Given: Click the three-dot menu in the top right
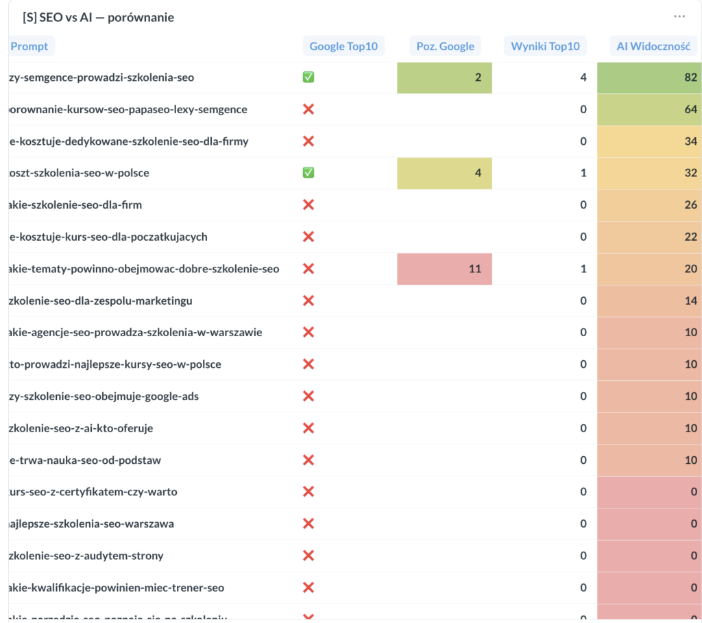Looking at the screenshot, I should pos(679,16).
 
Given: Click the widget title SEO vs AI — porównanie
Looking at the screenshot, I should pos(98,17).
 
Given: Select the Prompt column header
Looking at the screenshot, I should pos(30,46).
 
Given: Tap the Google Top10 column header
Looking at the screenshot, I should pos(343,46).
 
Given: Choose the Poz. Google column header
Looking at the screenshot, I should pos(445,46).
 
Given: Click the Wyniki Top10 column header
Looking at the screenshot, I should pos(545,46).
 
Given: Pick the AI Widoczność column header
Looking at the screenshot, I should pos(653,46).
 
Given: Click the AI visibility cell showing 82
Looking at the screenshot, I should pos(649,78).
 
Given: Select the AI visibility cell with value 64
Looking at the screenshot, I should pos(649,110).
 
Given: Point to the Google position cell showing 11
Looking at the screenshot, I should pos(445,269).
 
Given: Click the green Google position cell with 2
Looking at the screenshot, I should pos(445,78).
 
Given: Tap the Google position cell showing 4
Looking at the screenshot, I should pos(445,173).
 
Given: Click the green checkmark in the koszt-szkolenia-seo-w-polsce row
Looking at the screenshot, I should pos(308,173).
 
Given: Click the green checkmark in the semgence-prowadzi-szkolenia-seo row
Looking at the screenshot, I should pos(308,78).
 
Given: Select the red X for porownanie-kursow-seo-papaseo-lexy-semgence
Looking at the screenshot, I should pos(308,110).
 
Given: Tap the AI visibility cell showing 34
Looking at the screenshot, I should pos(649,141).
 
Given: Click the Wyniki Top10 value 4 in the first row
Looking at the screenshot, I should pos(583,78).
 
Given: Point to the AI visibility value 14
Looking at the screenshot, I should pos(690,301).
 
